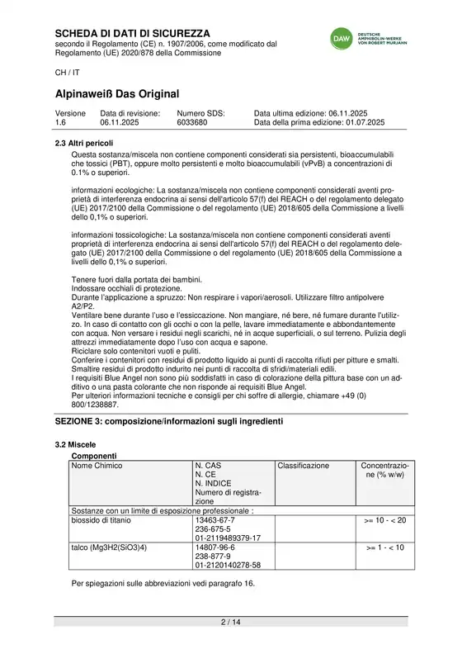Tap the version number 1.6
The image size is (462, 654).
(61, 122)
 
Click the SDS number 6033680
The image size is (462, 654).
(192, 122)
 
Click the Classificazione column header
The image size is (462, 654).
(303, 466)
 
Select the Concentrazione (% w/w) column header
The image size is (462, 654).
(384, 471)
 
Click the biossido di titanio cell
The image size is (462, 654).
(104, 521)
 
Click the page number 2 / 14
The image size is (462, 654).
(230, 621)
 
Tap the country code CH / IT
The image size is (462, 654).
(68, 72)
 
